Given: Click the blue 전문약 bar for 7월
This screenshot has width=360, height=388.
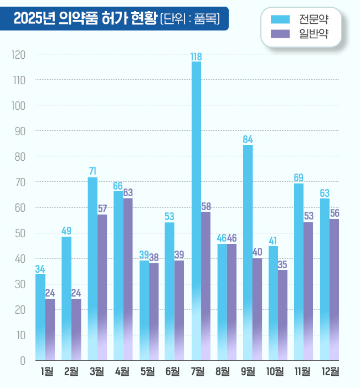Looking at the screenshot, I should pyautogui.click(x=196, y=211).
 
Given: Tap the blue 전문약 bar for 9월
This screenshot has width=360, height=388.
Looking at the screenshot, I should pyautogui.click(x=248, y=252).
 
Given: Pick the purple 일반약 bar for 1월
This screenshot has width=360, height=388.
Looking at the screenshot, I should pyautogui.click(x=50, y=329).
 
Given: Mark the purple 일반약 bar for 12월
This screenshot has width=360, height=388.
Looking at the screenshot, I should pyautogui.click(x=335, y=289).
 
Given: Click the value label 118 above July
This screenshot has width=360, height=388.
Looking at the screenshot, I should pyautogui.click(x=196, y=57).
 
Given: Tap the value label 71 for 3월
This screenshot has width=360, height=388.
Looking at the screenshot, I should pyautogui.click(x=92, y=171).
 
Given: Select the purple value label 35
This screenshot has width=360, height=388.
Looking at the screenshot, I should pyautogui.click(x=283, y=264).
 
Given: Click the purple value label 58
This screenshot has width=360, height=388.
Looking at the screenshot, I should pyautogui.click(x=205, y=206).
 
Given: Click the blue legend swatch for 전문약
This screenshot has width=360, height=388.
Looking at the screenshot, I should pyautogui.click(x=280, y=19).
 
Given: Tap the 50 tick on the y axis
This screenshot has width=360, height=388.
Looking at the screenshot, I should pyautogui.click(x=20, y=233).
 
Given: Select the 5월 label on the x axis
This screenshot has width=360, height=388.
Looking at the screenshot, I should pyautogui.click(x=148, y=371).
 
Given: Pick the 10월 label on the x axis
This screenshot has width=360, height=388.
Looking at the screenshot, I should pyautogui.click(x=275, y=371).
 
